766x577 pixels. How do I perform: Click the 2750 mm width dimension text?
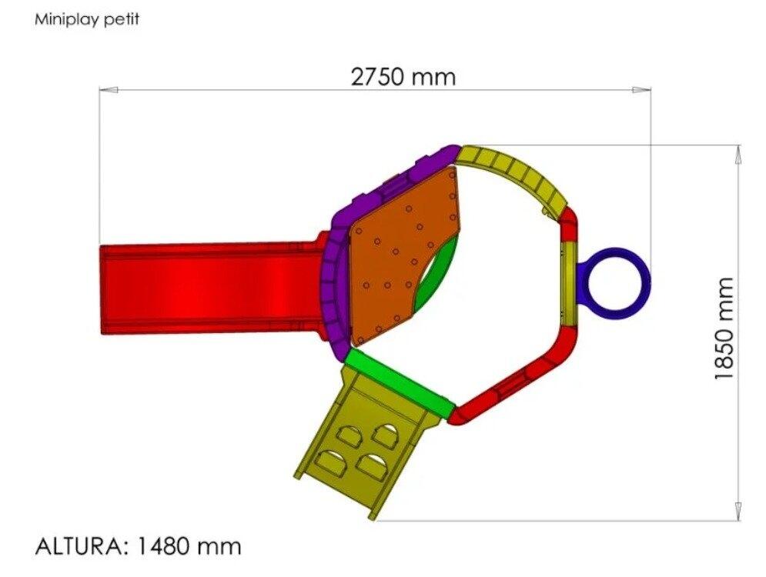(x=403, y=77)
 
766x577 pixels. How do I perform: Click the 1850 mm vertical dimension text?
(x=724, y=329)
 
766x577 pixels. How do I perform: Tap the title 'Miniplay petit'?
(x=86, y=20)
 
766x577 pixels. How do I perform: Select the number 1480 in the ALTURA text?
(x=164, y=546)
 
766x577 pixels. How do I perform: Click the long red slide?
(x=208, y=288)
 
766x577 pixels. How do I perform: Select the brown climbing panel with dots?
(x=400, y=254)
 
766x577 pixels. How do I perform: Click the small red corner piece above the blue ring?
(x=569, y=225)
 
